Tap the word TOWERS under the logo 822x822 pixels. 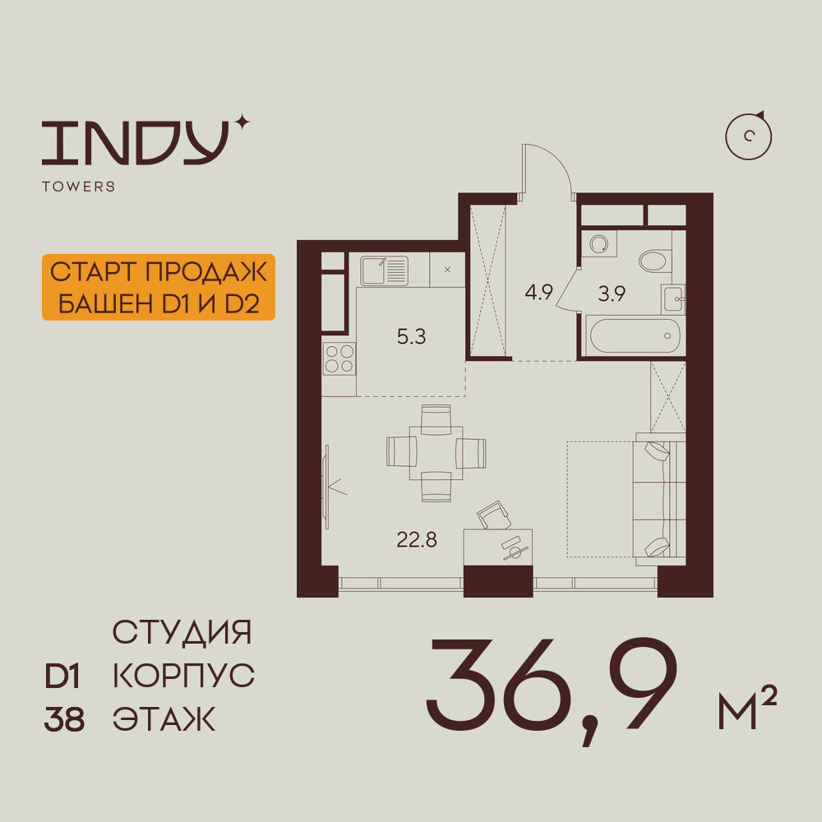coord(79,186)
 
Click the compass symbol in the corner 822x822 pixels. coord(749,136)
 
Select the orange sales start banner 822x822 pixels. coord(159,287)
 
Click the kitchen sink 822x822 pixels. coord(384,270)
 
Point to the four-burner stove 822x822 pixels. coord(339,358)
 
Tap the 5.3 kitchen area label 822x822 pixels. coord(411,336)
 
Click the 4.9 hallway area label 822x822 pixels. coord(539,292)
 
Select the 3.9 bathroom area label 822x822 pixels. coord(612,293)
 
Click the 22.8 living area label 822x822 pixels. coord(417,539)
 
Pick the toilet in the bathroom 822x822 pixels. coord(655,260)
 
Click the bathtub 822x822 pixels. coord(635,336)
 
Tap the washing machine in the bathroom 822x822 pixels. coord(598,244)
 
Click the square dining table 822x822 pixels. coord(436,453)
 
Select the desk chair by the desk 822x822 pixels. coord(493,515)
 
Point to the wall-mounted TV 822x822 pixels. coord(326,487)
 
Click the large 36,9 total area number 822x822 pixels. coord(551,687)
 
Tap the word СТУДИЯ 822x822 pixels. coord(182,631)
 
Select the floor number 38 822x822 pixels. coord(64,719)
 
